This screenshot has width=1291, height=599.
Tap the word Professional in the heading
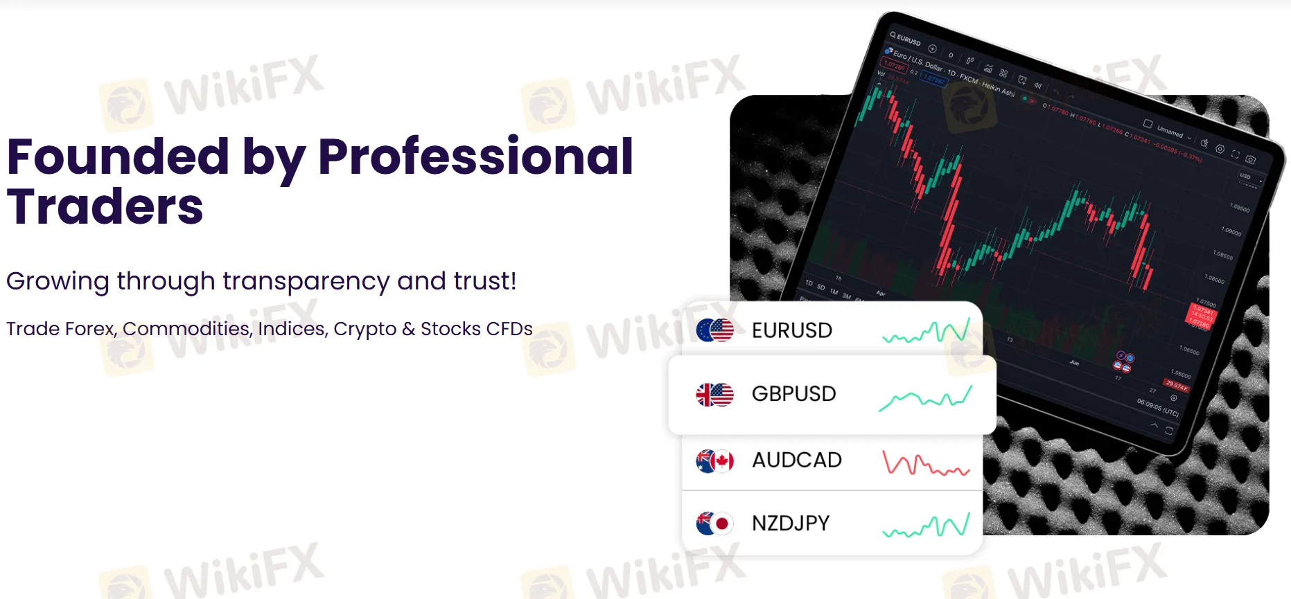point(475,157)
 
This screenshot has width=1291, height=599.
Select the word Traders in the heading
point(105,207)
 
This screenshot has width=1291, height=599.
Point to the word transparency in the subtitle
point(306,282)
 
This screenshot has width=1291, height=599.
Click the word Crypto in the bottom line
point(365,329)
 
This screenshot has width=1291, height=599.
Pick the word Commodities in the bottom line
point(186,329)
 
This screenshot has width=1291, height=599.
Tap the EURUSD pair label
point(791,330)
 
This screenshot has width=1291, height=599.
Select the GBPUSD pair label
point(793,394)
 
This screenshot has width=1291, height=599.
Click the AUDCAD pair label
point(796,460)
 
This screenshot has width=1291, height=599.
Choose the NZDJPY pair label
point(791,524)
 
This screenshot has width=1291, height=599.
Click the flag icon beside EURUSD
point(714,330)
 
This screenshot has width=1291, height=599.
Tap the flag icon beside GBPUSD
point(714,395)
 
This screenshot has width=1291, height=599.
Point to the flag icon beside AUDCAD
point(714,461)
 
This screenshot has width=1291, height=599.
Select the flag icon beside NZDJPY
point(714,524)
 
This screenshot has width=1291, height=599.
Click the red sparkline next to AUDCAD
point(925,463)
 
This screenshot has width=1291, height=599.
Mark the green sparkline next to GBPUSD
point(925,398)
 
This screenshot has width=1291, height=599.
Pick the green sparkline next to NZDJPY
point(926,526)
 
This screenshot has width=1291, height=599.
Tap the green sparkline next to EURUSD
point(926,332)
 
